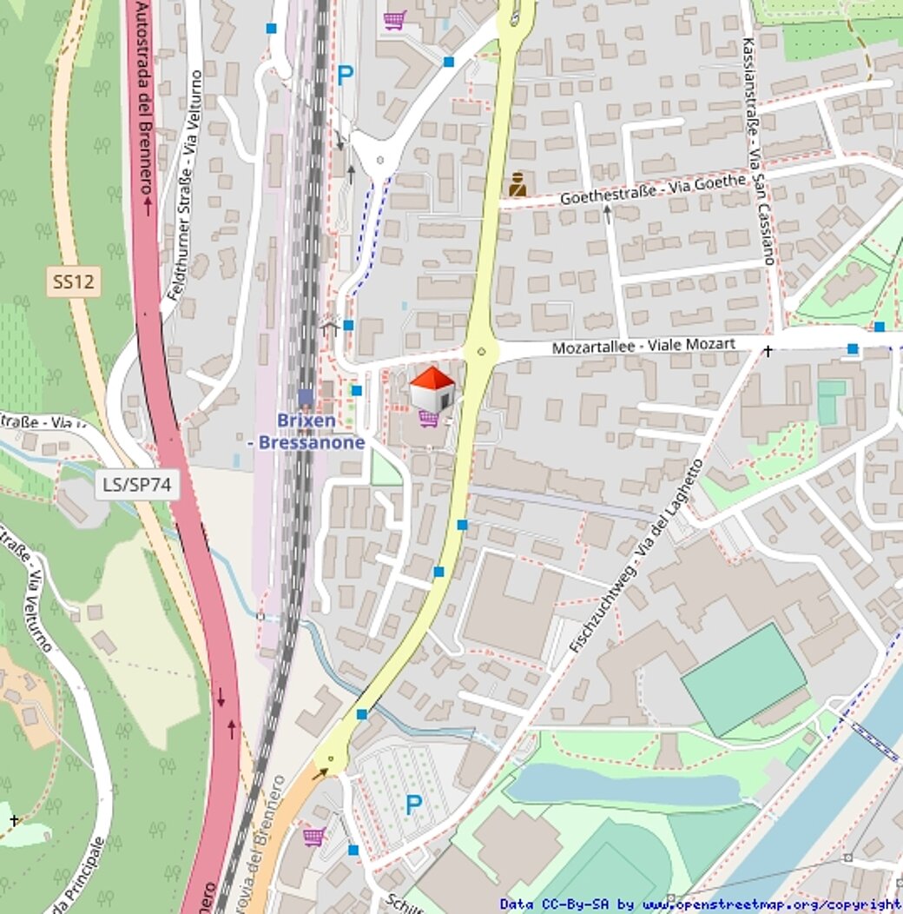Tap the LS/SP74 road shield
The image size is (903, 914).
137,485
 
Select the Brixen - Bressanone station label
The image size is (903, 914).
306,432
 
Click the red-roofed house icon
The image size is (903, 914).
432,388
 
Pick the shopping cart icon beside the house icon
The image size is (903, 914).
428,419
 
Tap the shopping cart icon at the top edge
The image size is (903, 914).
394,19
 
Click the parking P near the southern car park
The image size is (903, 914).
413,805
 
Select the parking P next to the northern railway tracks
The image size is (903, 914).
346,76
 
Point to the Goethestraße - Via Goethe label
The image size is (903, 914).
653,189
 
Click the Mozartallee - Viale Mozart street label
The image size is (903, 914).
644,347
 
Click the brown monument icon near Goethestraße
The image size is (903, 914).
517,185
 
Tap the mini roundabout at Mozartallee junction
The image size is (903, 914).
480,352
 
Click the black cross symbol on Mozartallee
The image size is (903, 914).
768,351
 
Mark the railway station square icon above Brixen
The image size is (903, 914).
305,398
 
